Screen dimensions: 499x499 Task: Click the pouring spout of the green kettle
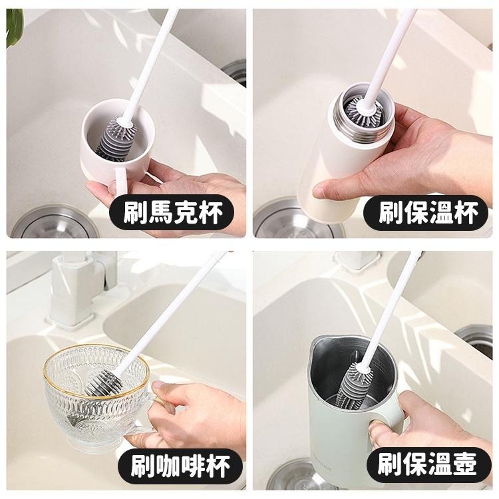pos(318,346)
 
